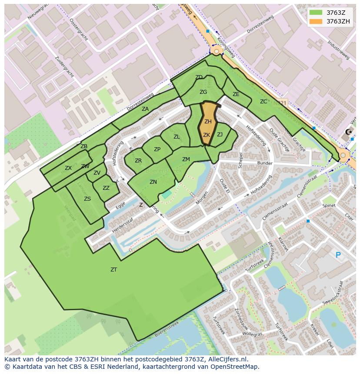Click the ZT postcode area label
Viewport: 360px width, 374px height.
113,270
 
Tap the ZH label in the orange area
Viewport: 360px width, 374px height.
208,122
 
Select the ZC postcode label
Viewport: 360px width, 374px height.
263,102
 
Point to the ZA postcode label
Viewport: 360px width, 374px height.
145,109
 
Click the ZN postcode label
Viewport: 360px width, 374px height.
153,182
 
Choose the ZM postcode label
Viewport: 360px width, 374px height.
186,159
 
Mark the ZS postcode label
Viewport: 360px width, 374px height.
87,199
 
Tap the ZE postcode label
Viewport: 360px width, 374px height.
236,94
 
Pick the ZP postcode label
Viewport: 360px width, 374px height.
157,149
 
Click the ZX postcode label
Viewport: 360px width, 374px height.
68,168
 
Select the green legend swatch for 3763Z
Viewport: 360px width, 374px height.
316,13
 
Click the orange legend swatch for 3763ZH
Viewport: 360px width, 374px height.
316,21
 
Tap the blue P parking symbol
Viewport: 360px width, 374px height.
338,255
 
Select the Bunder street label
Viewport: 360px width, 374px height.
264,164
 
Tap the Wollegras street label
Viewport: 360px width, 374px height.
253,334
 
